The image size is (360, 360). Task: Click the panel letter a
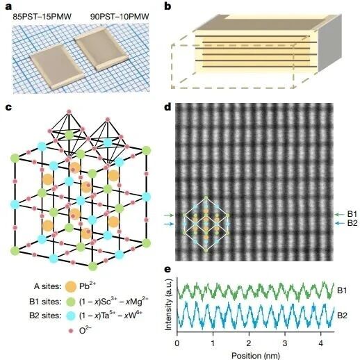point(8,6)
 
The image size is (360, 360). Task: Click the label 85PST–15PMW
point(42,17)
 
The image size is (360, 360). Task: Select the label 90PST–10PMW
point(120,17)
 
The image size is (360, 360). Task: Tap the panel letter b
point(167,6)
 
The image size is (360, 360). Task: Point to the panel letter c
point(8,108)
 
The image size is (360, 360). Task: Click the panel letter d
point(167,107)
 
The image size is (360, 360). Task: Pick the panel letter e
point(167,270)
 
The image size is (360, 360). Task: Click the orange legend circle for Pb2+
point(71,286)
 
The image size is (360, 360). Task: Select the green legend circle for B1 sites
point(71,302)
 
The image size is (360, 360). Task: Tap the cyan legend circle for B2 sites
point(71,316)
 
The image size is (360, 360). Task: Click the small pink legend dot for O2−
point(71,331)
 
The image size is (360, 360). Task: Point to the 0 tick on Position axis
point(177,343)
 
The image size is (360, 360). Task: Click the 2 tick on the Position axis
point(249,343)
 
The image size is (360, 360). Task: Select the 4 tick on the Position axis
point(320,343)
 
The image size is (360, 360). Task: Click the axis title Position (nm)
point(256,355)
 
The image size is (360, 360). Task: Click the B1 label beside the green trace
point(342,291)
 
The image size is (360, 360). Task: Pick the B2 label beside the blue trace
point(342,316)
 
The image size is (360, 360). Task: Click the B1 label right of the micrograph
point(352,214)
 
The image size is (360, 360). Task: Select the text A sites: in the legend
point(47,286)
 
